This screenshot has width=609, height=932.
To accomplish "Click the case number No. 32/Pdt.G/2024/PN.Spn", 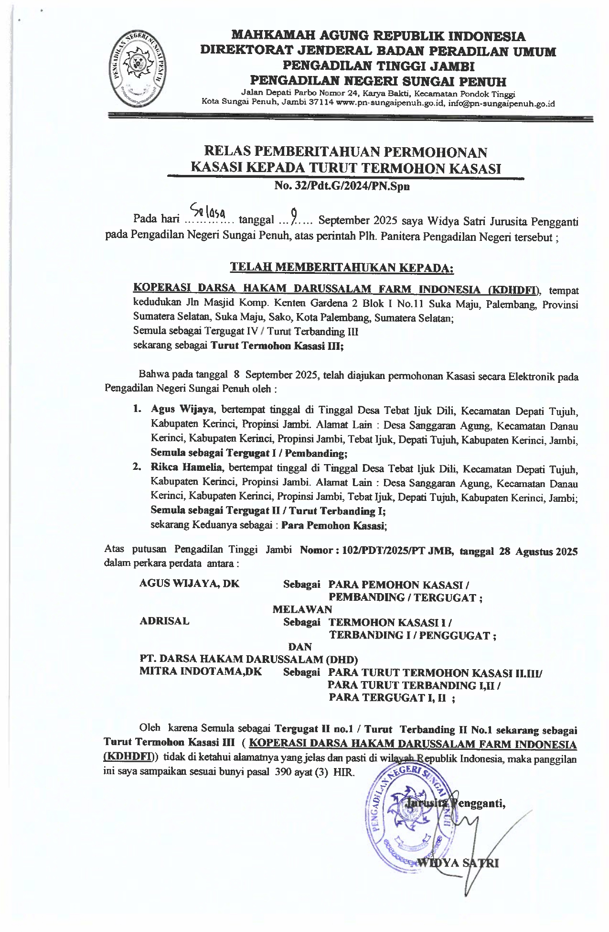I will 342,187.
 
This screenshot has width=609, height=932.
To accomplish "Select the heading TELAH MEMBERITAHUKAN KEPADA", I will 342,267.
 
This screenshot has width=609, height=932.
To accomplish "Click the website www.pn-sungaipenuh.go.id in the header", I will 391,103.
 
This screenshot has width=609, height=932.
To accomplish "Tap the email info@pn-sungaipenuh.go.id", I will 502,103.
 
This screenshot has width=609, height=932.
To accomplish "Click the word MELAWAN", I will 302,609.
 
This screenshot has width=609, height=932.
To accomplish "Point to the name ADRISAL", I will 164,621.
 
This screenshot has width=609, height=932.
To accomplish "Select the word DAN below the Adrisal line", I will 300,647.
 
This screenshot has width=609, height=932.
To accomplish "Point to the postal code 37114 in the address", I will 321,103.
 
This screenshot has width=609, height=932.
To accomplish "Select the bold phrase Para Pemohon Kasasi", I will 333,526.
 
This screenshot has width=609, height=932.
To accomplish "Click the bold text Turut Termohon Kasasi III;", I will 277,347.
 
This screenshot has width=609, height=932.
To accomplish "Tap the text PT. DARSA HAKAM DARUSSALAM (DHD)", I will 248,660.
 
